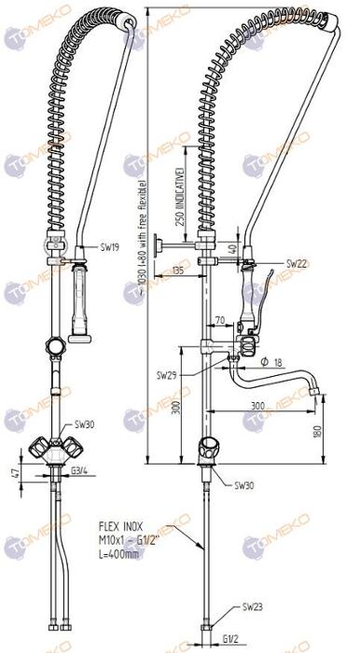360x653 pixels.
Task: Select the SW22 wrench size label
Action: click(298, 264)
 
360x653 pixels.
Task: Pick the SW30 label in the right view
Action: click(244, 485)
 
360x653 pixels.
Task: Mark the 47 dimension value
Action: click(12, 474)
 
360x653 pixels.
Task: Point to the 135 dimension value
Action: click(178, 271)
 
